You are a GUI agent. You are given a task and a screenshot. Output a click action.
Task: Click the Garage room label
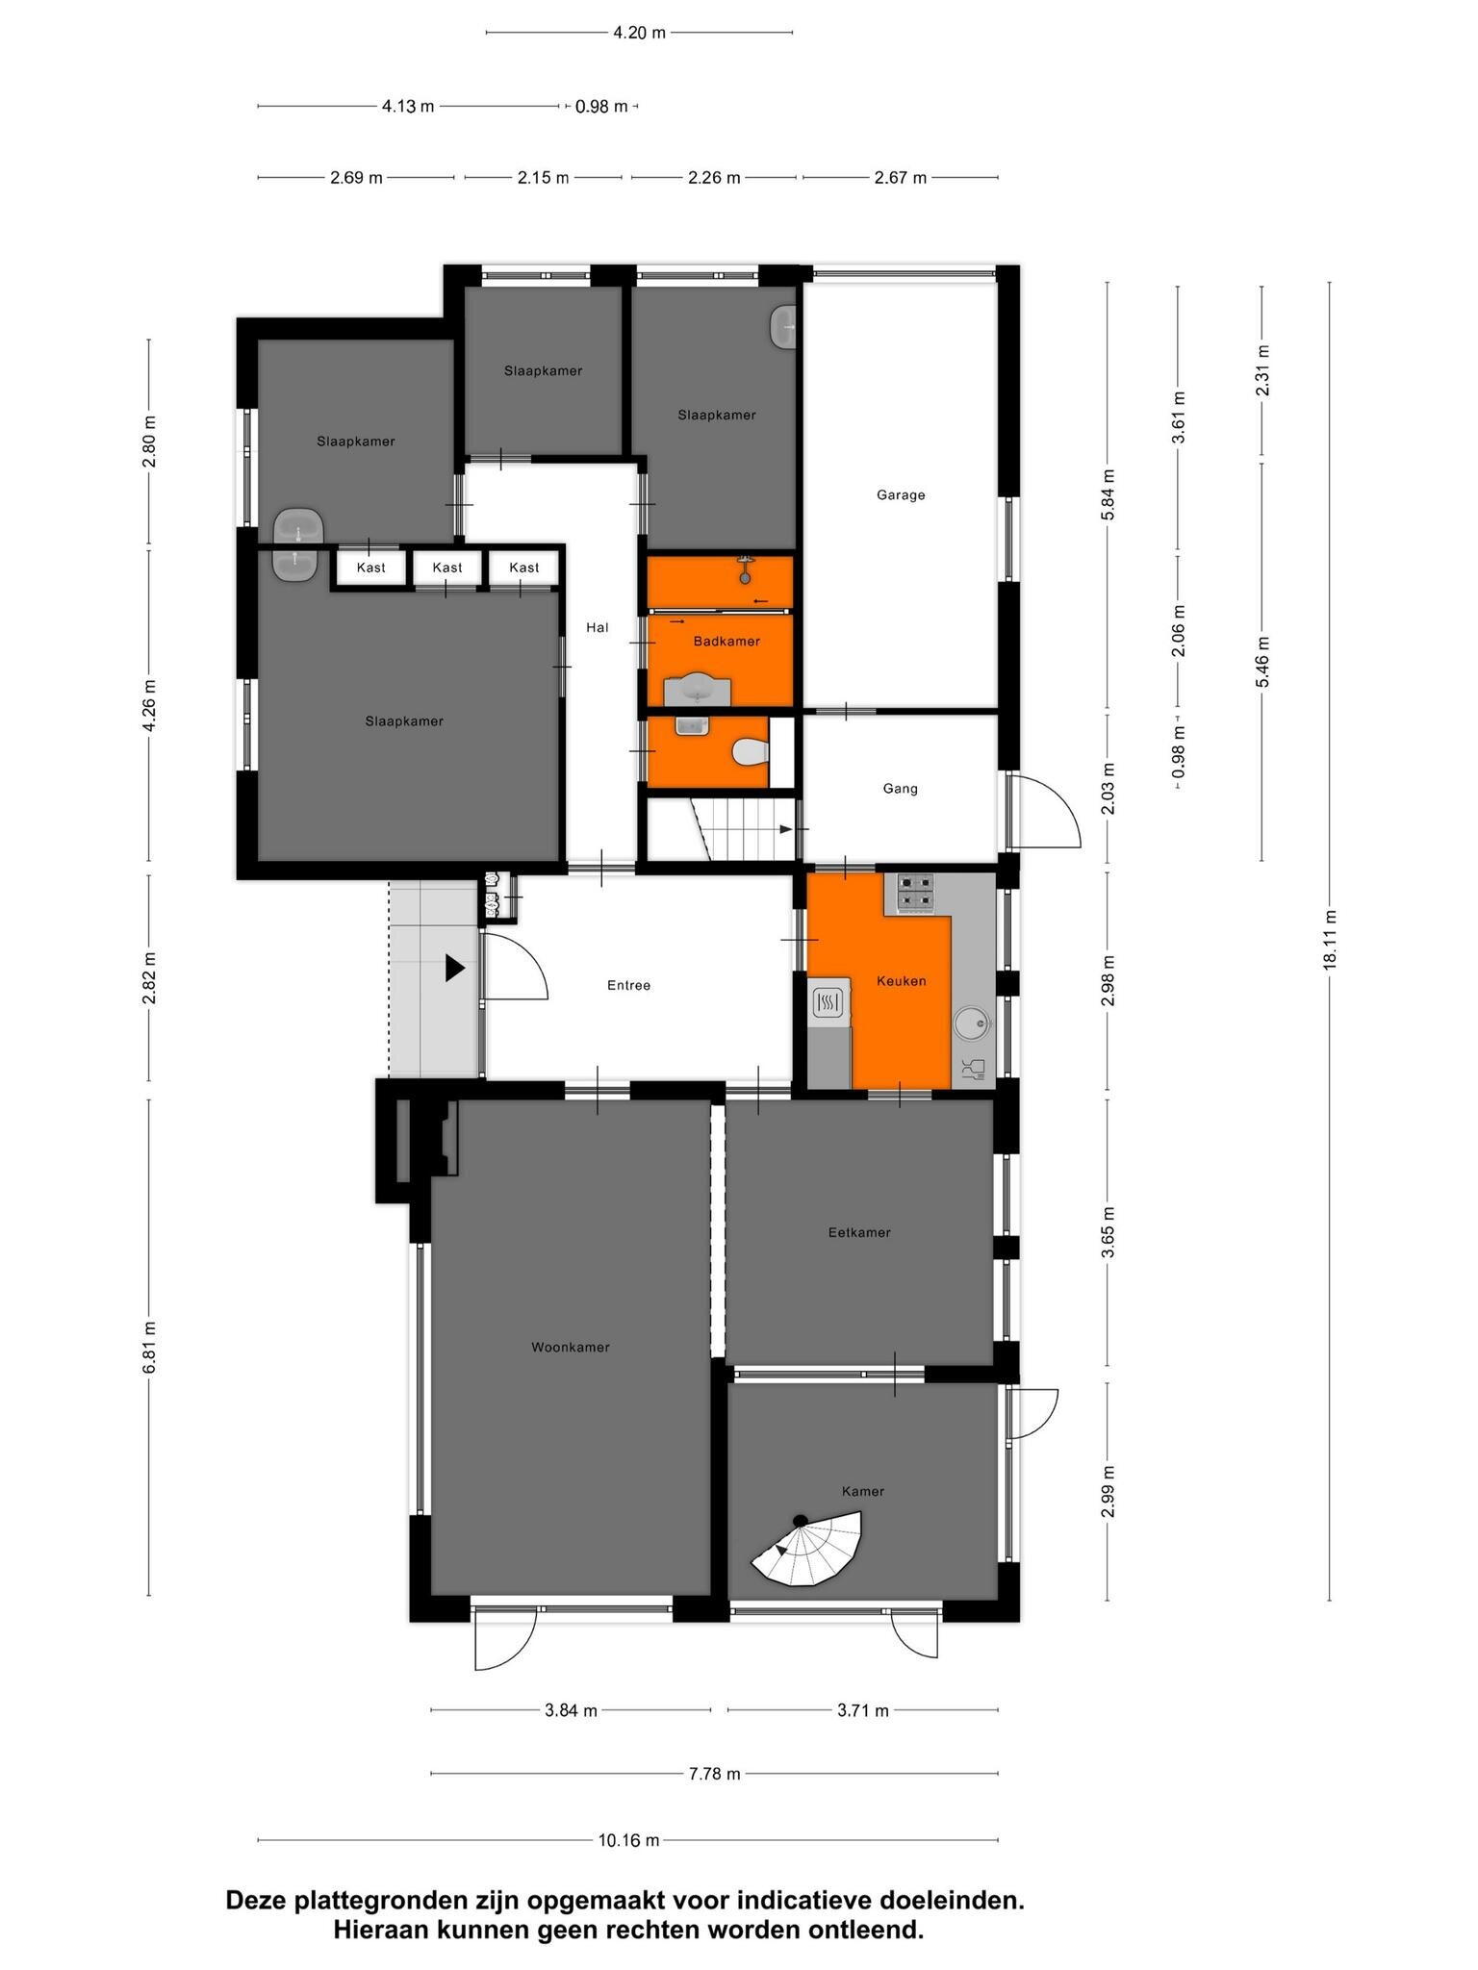[901, 495]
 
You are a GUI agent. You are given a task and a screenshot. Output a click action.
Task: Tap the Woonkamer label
[571, 1347]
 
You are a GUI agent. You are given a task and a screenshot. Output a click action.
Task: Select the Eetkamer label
[859, 1232]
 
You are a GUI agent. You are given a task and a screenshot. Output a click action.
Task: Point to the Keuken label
[902, 981]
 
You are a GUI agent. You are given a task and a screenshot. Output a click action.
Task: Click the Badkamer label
[726, 641]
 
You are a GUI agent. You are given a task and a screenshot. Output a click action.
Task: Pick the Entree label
[629, 985]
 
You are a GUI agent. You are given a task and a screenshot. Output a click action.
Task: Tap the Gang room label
[901, 789]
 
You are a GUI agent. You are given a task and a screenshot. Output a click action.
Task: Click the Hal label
[598, 627]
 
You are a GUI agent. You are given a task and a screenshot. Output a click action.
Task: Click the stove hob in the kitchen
[915, 892]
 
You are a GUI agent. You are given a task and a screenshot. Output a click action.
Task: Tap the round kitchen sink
[972, 1023]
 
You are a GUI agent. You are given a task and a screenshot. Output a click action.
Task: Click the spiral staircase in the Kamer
[808, 1549]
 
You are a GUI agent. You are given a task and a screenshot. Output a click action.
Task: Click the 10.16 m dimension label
[629, 1840]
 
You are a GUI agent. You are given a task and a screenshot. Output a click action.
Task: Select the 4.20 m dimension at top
[639, 33]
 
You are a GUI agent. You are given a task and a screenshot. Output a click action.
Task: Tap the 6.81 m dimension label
[149, 1347]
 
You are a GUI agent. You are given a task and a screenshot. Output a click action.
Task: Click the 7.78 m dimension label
[714, 1773]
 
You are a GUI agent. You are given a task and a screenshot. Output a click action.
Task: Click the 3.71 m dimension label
[863, 1709]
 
